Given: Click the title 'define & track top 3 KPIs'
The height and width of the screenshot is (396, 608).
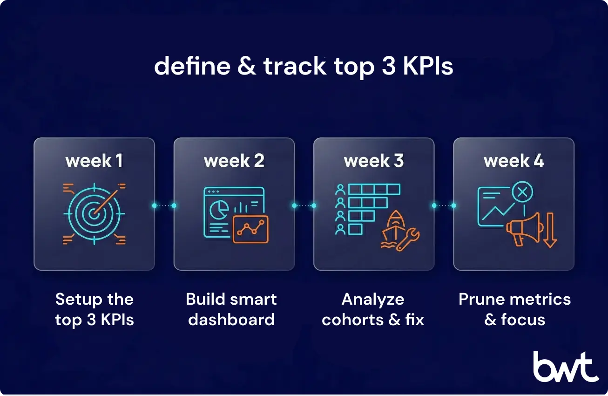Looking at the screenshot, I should pyautogui.click(x=304, y=66).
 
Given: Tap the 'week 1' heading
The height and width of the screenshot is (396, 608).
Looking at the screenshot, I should pyautogui.click(x=95, y=161).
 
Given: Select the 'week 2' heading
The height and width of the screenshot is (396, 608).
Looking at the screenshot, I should pyautogui.click(x=234, y=161).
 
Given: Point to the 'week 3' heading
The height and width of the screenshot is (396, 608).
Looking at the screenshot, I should pyautogui.click(x=374, y=161).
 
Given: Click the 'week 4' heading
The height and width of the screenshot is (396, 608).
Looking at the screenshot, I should pyautogui.click(x=513, y=161).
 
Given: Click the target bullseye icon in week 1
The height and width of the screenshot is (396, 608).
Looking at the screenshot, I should pyautogui.click(x=94, y=213).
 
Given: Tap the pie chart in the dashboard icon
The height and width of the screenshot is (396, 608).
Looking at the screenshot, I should pyautogui.click(x=216, y=211).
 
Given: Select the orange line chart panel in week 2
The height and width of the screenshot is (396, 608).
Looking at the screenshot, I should pyautogui.click(x=250, y=229).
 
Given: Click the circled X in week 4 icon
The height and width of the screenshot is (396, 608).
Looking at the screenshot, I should pyautogui.click(x=522, y=191).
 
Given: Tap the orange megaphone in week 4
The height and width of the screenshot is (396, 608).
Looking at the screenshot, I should pyautogui.click(x=524, y=228).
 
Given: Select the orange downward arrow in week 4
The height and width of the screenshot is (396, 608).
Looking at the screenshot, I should pyautogui.click(x=549, y=230).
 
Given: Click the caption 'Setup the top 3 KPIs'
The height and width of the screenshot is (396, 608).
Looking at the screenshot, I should pyautogui.click(x=95, y=309).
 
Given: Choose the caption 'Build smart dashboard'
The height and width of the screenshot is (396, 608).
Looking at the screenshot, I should pyautogui.click(x=231, y=309).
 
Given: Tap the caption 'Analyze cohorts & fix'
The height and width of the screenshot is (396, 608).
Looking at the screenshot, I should pyautogui.click(x=373, y=309).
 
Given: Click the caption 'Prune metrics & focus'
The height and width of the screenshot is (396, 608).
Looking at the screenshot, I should pyautogui.click(x=514, y=309).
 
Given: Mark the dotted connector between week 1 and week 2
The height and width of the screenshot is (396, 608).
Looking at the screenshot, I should pyautogui.click(x=164, y=205).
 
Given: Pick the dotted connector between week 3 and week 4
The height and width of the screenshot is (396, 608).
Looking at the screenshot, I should pyautogui.click(x=444, y=205).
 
